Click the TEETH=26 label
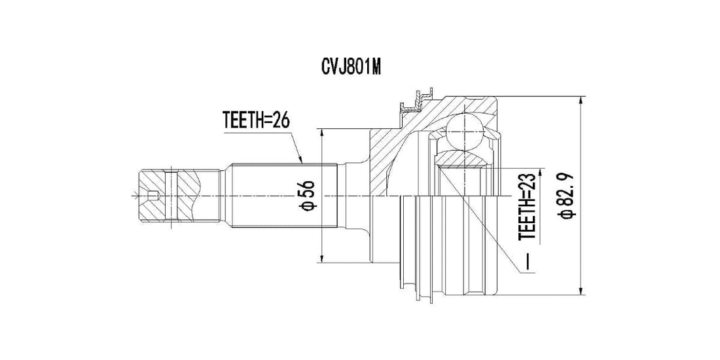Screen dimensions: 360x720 [256, 120]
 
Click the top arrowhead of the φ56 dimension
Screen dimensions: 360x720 [322, 133]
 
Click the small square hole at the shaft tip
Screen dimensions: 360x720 [153, 196]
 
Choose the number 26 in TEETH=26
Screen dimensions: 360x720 [278, 120]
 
